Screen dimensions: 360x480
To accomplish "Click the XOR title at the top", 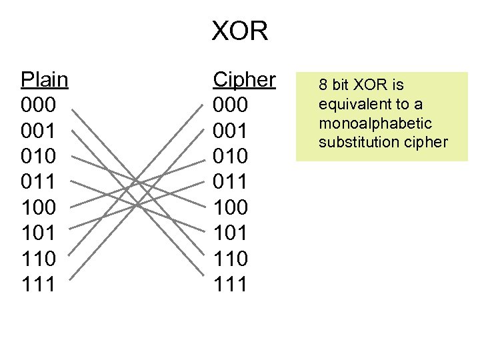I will (240, 31).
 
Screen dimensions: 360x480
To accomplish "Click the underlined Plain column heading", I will (45, 80).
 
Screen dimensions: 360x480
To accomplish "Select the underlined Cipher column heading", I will (244, 80).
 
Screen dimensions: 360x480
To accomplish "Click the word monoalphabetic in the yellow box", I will (375, 123).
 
